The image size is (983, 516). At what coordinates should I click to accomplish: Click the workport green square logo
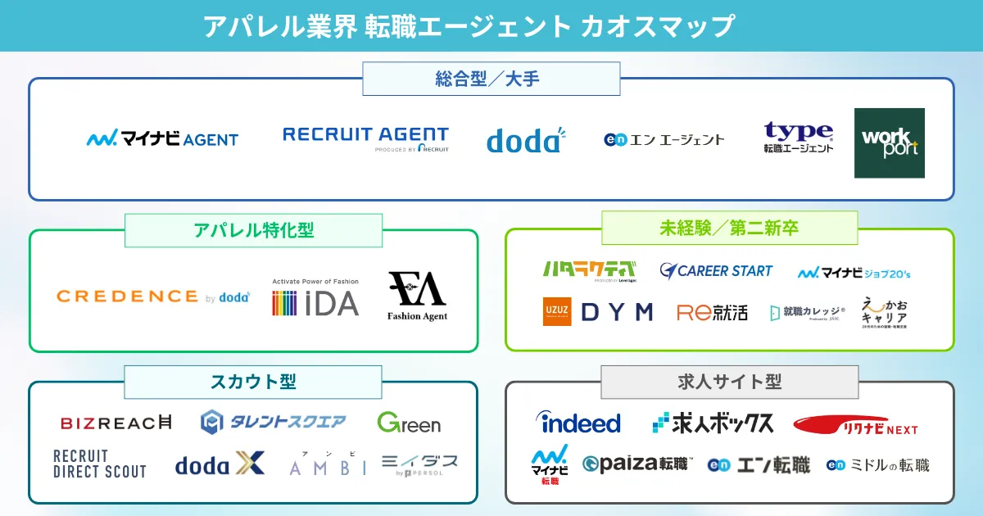pos(889,143)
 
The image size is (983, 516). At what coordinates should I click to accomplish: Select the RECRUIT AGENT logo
pos(365,138)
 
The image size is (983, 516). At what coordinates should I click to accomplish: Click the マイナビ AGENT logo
pos(162,139)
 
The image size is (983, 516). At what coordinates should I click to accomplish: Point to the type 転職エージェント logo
pos(798,138)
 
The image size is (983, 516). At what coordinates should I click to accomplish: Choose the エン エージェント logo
pos(664,139)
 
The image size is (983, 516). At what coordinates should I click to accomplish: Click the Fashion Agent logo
pos(417,296)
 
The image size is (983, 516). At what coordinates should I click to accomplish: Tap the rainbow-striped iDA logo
pos(315,298)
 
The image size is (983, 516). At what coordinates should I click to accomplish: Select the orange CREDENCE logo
pos(153,296)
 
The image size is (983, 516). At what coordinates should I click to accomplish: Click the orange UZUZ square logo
pos(557,311)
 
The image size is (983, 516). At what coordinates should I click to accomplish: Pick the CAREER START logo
pos(716,270)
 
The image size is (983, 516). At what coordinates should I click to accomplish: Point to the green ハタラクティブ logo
pos(589,270)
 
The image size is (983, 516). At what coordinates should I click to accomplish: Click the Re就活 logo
pos(712,312)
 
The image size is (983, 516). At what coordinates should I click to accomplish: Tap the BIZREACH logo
pos(116,423)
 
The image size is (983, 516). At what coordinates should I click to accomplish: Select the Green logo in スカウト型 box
pos(409,423)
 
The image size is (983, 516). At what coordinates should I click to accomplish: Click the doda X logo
pos(220,464)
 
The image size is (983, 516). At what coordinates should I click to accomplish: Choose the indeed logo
pos(578,423)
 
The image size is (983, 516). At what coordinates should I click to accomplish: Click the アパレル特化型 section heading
pos(253,231)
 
